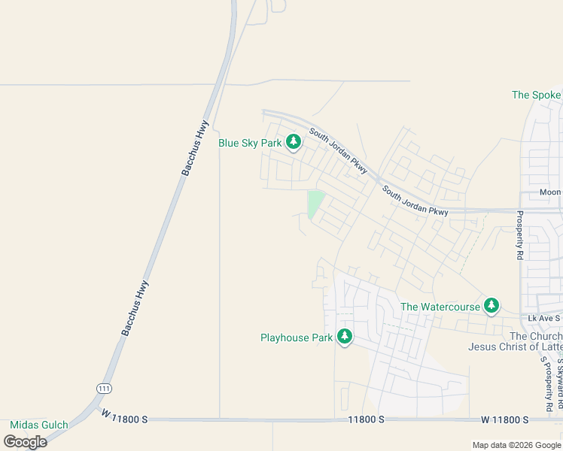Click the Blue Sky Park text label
250,143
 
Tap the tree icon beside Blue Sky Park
294,141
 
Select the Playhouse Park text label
296,337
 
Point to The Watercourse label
440,307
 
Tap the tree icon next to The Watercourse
491,305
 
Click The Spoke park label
536,95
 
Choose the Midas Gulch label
38,425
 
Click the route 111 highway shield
104,388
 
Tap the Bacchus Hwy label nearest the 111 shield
135,307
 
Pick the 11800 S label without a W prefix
366,419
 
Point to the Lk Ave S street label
544,319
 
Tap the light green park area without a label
316,204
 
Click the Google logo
25,441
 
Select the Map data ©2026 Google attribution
516,445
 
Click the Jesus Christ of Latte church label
515,347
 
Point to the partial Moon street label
550,192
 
